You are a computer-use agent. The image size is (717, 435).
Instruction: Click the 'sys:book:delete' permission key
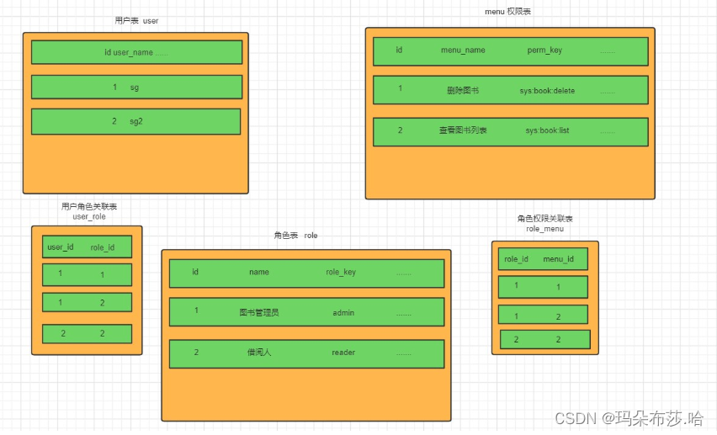(547, 90)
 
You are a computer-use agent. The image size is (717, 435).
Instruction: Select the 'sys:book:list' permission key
(547, 130)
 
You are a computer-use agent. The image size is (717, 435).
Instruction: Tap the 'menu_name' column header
(463, 50)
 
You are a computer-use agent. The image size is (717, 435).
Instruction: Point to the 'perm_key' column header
(544, 50)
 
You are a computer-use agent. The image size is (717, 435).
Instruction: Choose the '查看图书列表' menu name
(463, 130)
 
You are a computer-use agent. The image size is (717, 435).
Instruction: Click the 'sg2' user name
(135, 121)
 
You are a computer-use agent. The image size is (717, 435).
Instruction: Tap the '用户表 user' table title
(135, 20)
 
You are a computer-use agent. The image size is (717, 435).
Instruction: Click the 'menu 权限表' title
(508, 12)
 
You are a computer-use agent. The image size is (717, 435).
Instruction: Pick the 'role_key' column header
(341, 272)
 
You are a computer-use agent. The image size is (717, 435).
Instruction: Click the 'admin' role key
(343, 312)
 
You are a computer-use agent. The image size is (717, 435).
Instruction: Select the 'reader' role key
(343, 353)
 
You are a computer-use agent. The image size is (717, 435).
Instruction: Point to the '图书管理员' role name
(258, 312)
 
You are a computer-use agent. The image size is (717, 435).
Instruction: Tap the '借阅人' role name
(258, 353)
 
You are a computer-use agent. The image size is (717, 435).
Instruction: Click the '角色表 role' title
(295, 236)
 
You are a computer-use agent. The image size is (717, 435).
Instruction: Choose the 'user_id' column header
(61, 247)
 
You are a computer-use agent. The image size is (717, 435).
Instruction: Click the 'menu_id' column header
(558, 259)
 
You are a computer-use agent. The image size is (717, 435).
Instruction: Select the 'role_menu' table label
(544, 228)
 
